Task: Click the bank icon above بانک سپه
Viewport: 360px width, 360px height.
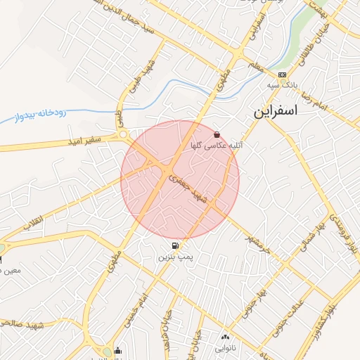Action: tap(282, 75)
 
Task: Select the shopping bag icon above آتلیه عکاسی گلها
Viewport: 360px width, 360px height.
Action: tap(217, 134)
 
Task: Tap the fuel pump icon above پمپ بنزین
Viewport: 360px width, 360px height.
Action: tap(174, 247)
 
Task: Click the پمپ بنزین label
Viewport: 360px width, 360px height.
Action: tap(174, 258)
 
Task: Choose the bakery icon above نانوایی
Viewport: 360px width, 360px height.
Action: tap(225, 337)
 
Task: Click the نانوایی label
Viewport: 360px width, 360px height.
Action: tap(225, 347)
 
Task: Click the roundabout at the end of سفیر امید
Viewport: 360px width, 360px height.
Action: tap(124, 134)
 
